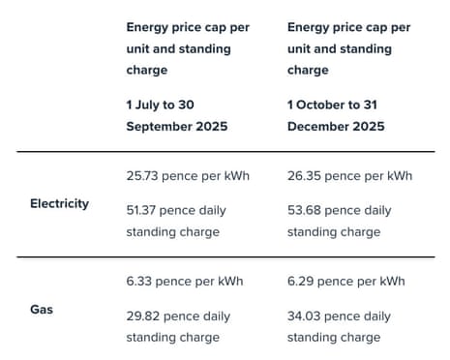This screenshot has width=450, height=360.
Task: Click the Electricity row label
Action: (59, 204)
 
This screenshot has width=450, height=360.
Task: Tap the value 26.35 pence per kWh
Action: (349, 176)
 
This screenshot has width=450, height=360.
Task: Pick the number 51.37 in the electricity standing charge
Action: (144, 210)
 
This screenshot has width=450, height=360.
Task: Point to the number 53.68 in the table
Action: (307, 210)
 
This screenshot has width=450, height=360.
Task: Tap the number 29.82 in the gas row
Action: (144, 315)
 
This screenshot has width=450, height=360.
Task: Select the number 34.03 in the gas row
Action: (307, 315)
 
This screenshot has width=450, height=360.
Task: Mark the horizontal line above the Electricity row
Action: (225, 151)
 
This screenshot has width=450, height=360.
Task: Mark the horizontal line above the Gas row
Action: (225, 257)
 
